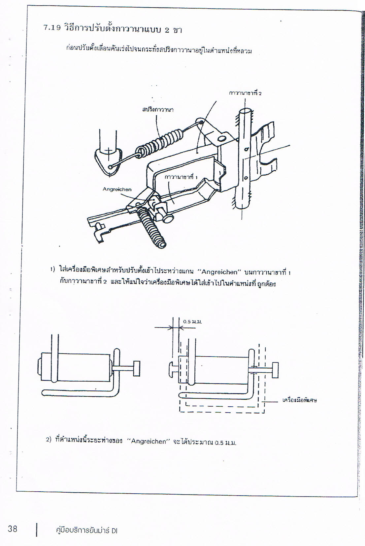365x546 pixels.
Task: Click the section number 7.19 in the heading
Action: (x=52, y=28)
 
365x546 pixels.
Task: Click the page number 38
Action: (x=13, y=529)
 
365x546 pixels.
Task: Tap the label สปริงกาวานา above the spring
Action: (x=158, y=109)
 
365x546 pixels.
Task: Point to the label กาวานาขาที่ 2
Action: (x=245, y=93)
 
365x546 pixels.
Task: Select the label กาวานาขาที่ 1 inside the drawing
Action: (x=181, y=177)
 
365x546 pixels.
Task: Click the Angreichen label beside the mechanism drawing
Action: (x=117, y=189)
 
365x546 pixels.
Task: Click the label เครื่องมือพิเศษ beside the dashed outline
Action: (x=300, y=400)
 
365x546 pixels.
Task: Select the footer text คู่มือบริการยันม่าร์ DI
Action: (x=86, y=531)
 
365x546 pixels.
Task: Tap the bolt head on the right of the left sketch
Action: (x=136, y=368)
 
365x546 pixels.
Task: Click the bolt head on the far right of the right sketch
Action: (x=275, y=370)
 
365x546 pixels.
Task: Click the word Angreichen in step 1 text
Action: (x=219, y=272)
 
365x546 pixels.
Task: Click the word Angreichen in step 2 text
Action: (x=149, y=441)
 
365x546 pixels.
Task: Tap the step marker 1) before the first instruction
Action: (x=53, y=269)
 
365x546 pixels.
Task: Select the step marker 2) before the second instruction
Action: (x=49, y=440)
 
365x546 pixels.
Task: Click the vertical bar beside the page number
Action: (x=37, y=530)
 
